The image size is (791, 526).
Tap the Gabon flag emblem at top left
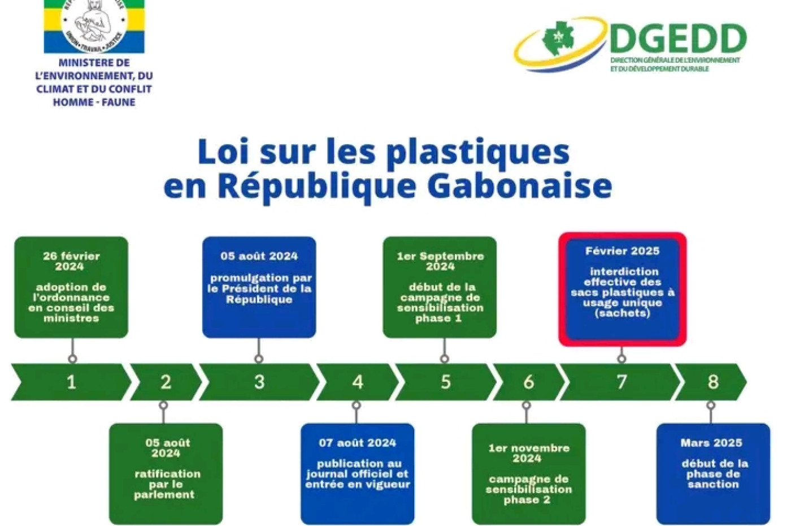(x=94, y=26)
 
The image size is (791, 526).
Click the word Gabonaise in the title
(x=520, y=186)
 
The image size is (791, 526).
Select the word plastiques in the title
(x=477, y=152)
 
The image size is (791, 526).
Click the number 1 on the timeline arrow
(x=71, y=382)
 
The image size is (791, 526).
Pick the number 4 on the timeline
(x=357, y=382)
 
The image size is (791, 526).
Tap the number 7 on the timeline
(x=621, y=382)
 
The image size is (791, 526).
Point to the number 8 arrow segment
(x=711, y=382)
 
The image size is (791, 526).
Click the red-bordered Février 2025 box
(x=623, y=289)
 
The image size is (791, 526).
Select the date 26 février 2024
(x=71, y=261)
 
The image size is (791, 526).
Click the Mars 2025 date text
(x=711, y=443)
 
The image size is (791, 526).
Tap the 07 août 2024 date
(x=357, y=443)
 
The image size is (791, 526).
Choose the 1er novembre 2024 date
(x=529, y=453)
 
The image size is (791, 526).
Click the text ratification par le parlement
(x=166, y=484)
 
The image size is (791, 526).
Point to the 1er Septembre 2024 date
(x=440, y=261)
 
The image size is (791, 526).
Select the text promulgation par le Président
(x=259, y=289)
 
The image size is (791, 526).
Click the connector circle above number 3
(x=259, y=359)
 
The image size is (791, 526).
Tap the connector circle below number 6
(x=527, y=405)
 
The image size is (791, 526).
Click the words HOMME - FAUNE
(x=94, y=102)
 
